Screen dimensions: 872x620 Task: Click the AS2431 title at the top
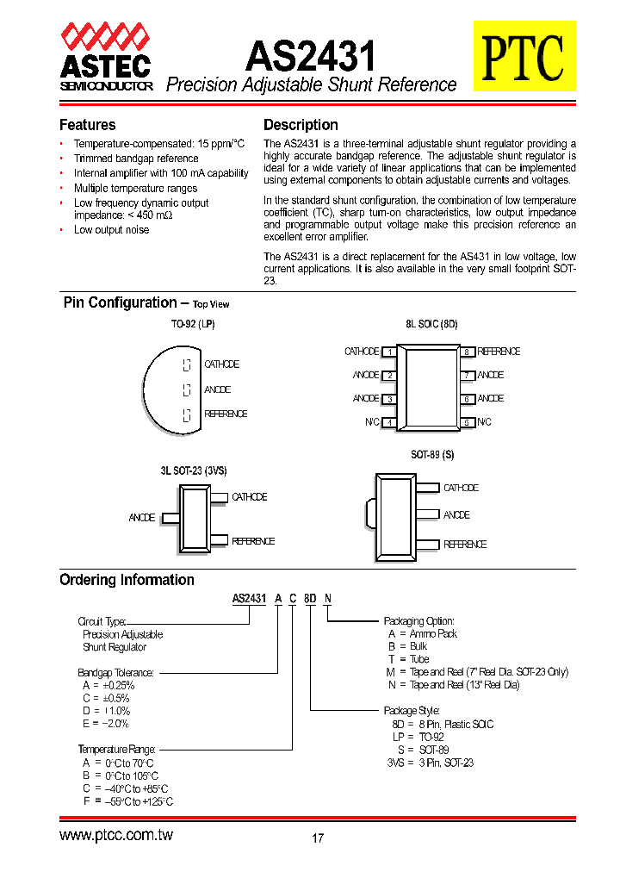pos(311,57)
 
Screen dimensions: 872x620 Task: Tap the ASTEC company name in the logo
pos(105,65)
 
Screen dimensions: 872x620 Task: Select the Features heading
pos(87,125)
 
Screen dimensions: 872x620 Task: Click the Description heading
pos(301,125)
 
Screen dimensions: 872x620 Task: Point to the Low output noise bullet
pos(111,230)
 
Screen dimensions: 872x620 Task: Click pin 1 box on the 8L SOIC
pos(390,352)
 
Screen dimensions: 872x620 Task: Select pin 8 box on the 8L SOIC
pos(466,352)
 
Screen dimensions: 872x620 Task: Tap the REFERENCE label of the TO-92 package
pos(226,414)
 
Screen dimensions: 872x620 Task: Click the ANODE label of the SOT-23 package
pos(142,518)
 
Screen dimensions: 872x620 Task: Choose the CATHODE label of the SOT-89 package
pos(461,488)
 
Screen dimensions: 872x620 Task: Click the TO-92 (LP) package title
pos(193,326)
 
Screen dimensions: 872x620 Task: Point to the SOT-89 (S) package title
pos(431,455)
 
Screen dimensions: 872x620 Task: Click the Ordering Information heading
pos(127,580)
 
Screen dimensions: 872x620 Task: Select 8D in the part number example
pos(311,599)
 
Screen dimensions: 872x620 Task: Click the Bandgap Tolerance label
pos(116,672)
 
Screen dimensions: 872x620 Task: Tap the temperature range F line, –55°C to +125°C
pos(127,801)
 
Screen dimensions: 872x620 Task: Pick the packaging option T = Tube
pos(408,659)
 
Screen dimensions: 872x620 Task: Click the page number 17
pos(318,838)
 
